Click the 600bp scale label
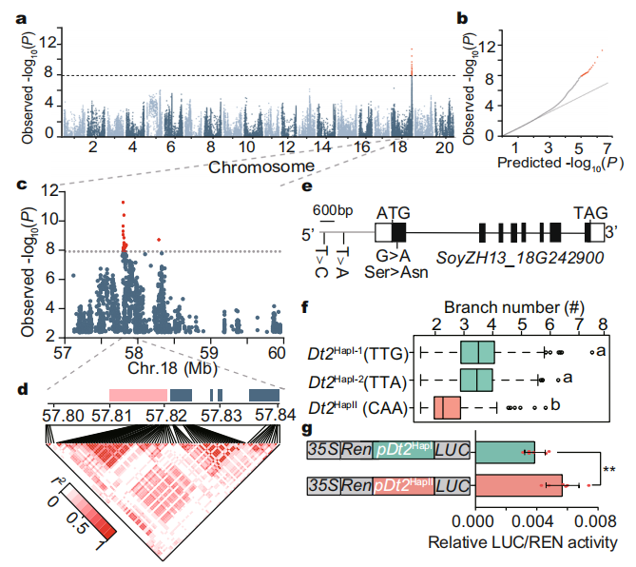click(332, 211)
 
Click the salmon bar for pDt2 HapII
click(519, 485)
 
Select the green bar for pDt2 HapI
click(505, 452)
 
